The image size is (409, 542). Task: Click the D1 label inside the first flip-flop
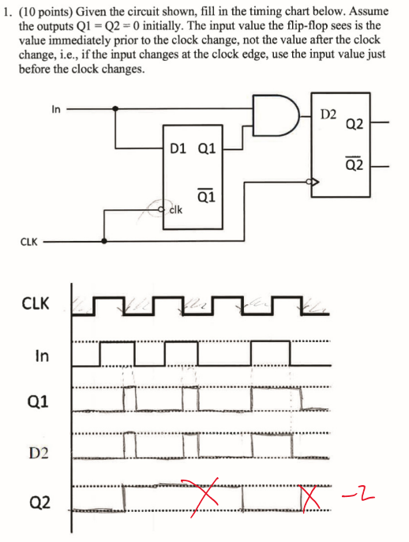tap(178, 147)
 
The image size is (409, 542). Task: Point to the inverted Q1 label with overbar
tap(204, 198)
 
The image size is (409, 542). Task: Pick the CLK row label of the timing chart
tap(36, 303)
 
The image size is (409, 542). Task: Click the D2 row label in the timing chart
tap(39, 452)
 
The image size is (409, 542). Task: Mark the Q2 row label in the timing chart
tap(40, 502)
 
